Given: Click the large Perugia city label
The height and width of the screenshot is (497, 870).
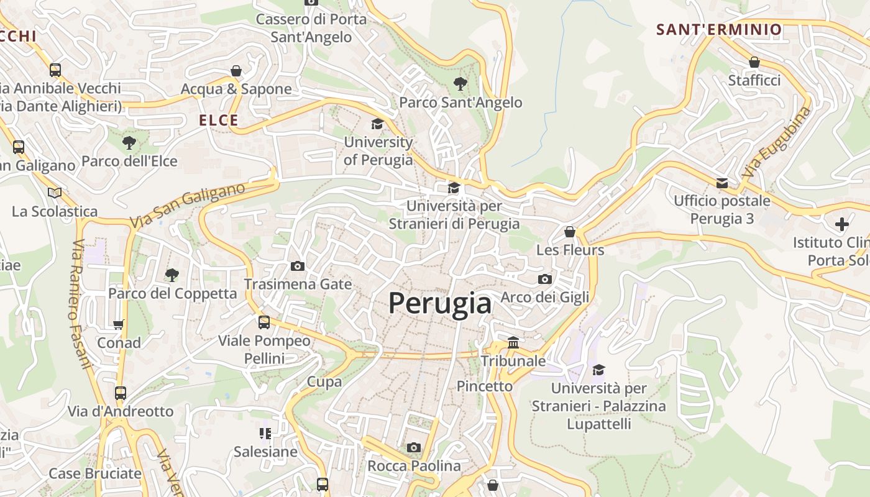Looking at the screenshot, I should (440, 303).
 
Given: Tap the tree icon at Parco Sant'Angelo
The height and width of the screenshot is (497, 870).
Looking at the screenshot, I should (460, 83).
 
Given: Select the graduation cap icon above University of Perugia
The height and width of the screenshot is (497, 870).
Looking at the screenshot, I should (377, 124).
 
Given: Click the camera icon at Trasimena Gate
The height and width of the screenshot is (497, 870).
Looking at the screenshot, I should (298, 266).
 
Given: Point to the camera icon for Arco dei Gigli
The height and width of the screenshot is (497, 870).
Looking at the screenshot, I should (545, 279).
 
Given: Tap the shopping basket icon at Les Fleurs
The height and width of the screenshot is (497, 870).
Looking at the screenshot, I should (570, 232).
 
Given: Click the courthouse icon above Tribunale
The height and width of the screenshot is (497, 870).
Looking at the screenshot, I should (513, 342).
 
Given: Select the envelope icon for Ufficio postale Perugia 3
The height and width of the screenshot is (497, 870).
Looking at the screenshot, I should (722, 183).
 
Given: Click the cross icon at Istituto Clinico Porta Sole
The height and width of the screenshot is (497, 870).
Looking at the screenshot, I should (842, 224).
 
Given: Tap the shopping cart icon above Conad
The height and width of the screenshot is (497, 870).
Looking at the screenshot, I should (119, 324).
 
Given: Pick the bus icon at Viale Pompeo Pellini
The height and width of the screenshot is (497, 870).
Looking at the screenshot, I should (264, 322).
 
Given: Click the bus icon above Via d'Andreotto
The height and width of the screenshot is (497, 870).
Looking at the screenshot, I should (121, 393).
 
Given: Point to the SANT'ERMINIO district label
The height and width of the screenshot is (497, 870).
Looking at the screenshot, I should (719, 29).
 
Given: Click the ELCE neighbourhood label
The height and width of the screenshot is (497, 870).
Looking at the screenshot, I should (219, 121).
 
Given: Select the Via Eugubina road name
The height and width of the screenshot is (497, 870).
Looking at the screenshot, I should (777, 143).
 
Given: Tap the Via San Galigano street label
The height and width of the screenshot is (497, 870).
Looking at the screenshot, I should (188, 205).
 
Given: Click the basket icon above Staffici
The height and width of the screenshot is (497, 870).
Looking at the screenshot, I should (754, 62).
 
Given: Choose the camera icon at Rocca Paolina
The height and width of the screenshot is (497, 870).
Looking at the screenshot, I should (414, 447).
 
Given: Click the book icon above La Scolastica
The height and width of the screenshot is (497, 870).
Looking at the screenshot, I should (55, 193).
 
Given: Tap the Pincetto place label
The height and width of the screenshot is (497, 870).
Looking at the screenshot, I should (485, 386).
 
